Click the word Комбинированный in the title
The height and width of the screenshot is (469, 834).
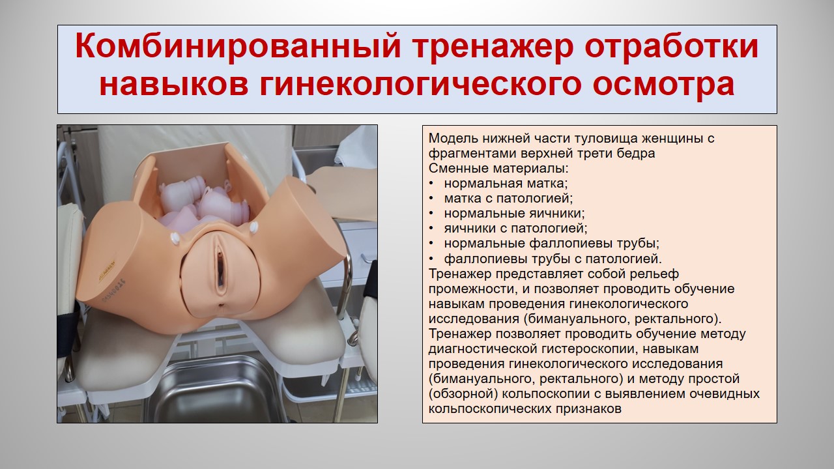coord(238,47)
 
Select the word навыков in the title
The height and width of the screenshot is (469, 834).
coord(174,84)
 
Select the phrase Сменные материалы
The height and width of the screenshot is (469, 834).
coord(498,169)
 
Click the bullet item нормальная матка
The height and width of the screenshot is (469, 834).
coord(506,184)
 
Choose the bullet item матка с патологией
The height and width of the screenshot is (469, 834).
coord(508,199)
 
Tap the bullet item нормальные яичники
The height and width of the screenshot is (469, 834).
coord(515,213)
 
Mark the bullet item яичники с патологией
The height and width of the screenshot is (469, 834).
coord(515,228)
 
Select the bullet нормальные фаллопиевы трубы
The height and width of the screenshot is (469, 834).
coord(552,244)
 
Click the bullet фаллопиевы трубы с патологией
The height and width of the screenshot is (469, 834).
coord(553,259)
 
